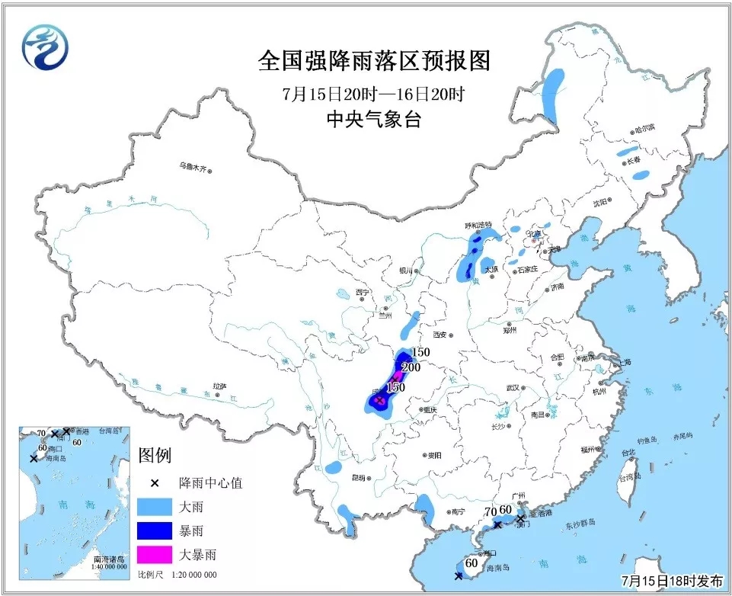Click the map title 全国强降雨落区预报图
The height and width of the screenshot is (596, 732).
pos(372,62)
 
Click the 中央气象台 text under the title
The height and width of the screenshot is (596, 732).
pos(372,120)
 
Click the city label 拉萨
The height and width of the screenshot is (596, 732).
pos(219,386)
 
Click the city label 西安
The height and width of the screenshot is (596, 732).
pos(439,334)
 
